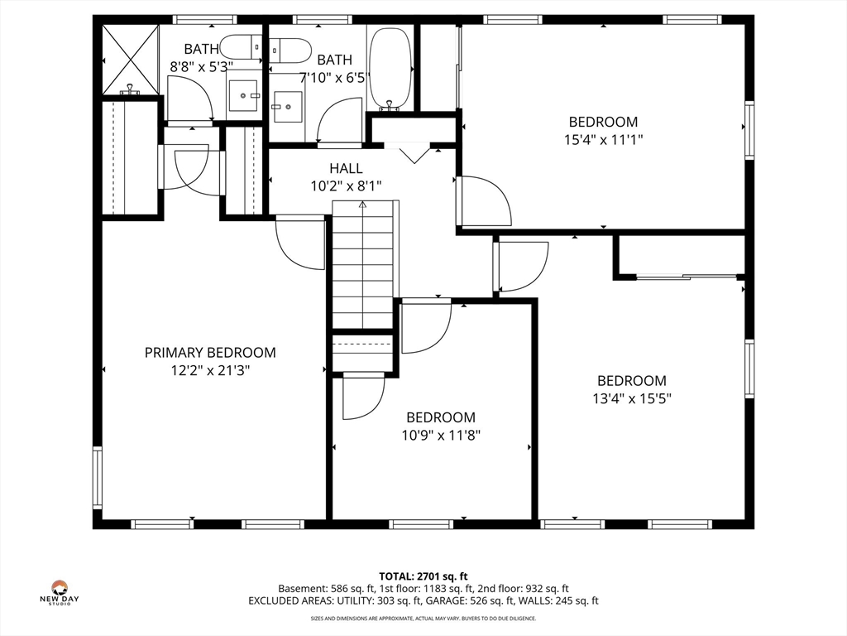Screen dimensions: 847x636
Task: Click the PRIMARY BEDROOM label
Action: click(210, 353)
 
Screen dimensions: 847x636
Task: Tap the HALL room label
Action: click(346, 168)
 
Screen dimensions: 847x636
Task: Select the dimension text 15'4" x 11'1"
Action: click(603, 139)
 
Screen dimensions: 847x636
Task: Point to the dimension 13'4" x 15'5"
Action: click(631, 398)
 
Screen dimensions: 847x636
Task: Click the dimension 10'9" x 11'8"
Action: click(441, 435)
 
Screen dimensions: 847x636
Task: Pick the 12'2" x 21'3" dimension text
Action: click(210, 370)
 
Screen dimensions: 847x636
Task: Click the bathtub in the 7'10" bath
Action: click(390, 70)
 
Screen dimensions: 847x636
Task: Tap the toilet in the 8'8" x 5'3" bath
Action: click(242, 47)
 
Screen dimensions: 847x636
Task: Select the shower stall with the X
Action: click(130, 60)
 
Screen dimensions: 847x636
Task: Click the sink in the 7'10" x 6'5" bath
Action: click(286, 106)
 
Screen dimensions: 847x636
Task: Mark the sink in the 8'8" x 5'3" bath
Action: click(244, 95)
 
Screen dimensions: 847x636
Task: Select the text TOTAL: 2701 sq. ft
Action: click(423, 576)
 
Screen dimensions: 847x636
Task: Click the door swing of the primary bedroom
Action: click(300, 242)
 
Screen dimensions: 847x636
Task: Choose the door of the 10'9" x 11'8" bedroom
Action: click(427, 326)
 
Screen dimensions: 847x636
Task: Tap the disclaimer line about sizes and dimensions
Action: click(423, 618)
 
